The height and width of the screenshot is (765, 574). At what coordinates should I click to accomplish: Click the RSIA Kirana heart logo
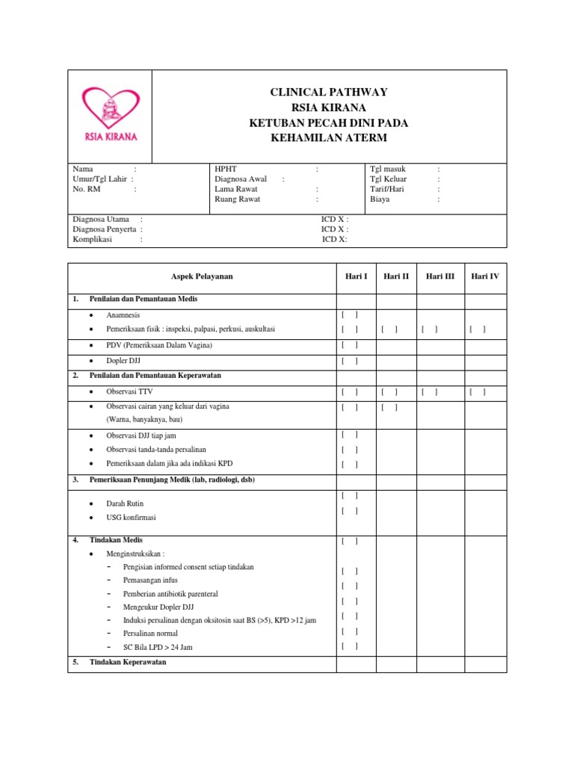pyautogui.click(x=110, y=114)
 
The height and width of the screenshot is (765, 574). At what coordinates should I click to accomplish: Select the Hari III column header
pyautogui.click(x=439, y=276)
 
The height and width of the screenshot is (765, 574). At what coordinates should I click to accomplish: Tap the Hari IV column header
pyautogui.click(x=484, y=276)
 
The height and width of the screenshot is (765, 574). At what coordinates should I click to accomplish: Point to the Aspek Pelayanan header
pyautogui.click(x=202, y=276)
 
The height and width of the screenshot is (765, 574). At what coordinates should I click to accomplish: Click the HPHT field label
pyautogui.click(x=225, y=170)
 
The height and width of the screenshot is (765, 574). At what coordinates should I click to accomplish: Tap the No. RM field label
pyautogui.click(x=87, y=190)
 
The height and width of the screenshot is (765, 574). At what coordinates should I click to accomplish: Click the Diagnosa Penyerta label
pyautogui.click(x=104, y=229)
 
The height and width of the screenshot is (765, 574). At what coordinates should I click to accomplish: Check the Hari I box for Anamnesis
pyautogui.click(x=350, y=315)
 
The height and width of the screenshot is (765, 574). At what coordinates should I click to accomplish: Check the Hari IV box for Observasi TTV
pyautogui.click(x=478, y=391)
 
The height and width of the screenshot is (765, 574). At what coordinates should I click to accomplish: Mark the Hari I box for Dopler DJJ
pyautogui.click(x=350, y=362)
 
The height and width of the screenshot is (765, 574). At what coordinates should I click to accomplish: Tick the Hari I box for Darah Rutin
pyautogui.click(x=350, y=495)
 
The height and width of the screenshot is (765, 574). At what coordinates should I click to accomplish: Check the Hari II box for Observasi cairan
pyautogui.click(x=389, y=407)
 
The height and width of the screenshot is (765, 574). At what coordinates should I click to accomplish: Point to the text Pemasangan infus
pyautogui.click(x=150, y=580)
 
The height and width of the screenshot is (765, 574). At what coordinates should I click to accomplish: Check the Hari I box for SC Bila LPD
pyautogui.click(x=350, y=646)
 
